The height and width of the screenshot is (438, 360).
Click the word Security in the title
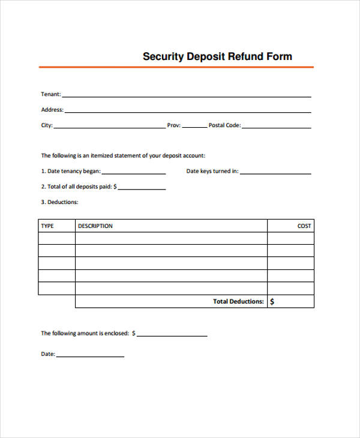point(164,57)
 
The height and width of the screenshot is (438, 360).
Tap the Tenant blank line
point(186,95)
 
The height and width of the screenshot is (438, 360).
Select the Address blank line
point(187,111)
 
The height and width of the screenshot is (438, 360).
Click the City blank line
point(109,127)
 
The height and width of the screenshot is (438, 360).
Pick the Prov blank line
point(194,127)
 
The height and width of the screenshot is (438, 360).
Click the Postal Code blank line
point(277,127)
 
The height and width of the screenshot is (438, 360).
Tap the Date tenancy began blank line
point(134,173)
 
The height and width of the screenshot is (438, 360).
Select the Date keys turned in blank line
point(275,173)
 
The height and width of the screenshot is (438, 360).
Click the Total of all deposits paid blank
point(142,188)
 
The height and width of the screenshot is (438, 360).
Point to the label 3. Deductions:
point(59,202)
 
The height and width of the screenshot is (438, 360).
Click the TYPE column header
point(47,226)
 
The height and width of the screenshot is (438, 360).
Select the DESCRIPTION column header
point(95,226)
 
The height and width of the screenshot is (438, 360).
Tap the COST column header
point(304,226)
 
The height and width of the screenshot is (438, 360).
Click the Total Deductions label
point(238,302)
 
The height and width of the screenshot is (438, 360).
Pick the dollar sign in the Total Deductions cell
point(272,302)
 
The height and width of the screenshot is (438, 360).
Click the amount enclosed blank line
point(172,335)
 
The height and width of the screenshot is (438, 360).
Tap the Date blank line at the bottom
point(90,356)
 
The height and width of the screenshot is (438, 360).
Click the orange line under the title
point(176,67)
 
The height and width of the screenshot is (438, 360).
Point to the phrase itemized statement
point(116,155)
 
